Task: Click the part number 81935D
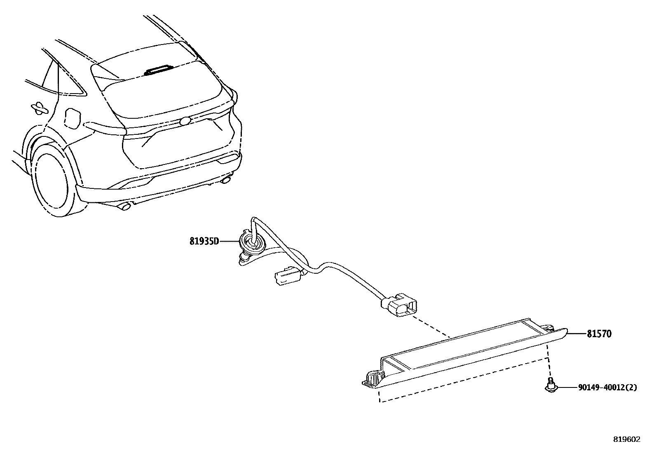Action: click(204, 241)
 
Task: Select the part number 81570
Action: click(599, 334)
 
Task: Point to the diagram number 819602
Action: click(627, 439)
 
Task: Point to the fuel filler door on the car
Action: click(72, 117)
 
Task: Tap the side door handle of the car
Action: click(39, 108)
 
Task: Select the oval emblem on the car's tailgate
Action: click(185, 121)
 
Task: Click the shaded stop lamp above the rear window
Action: click(158, 70)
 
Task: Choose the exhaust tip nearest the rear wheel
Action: click(124, 206)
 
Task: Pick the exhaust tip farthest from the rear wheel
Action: click(226, 180)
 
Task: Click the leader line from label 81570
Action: click(577, 333)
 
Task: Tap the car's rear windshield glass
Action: click(161, 89)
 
